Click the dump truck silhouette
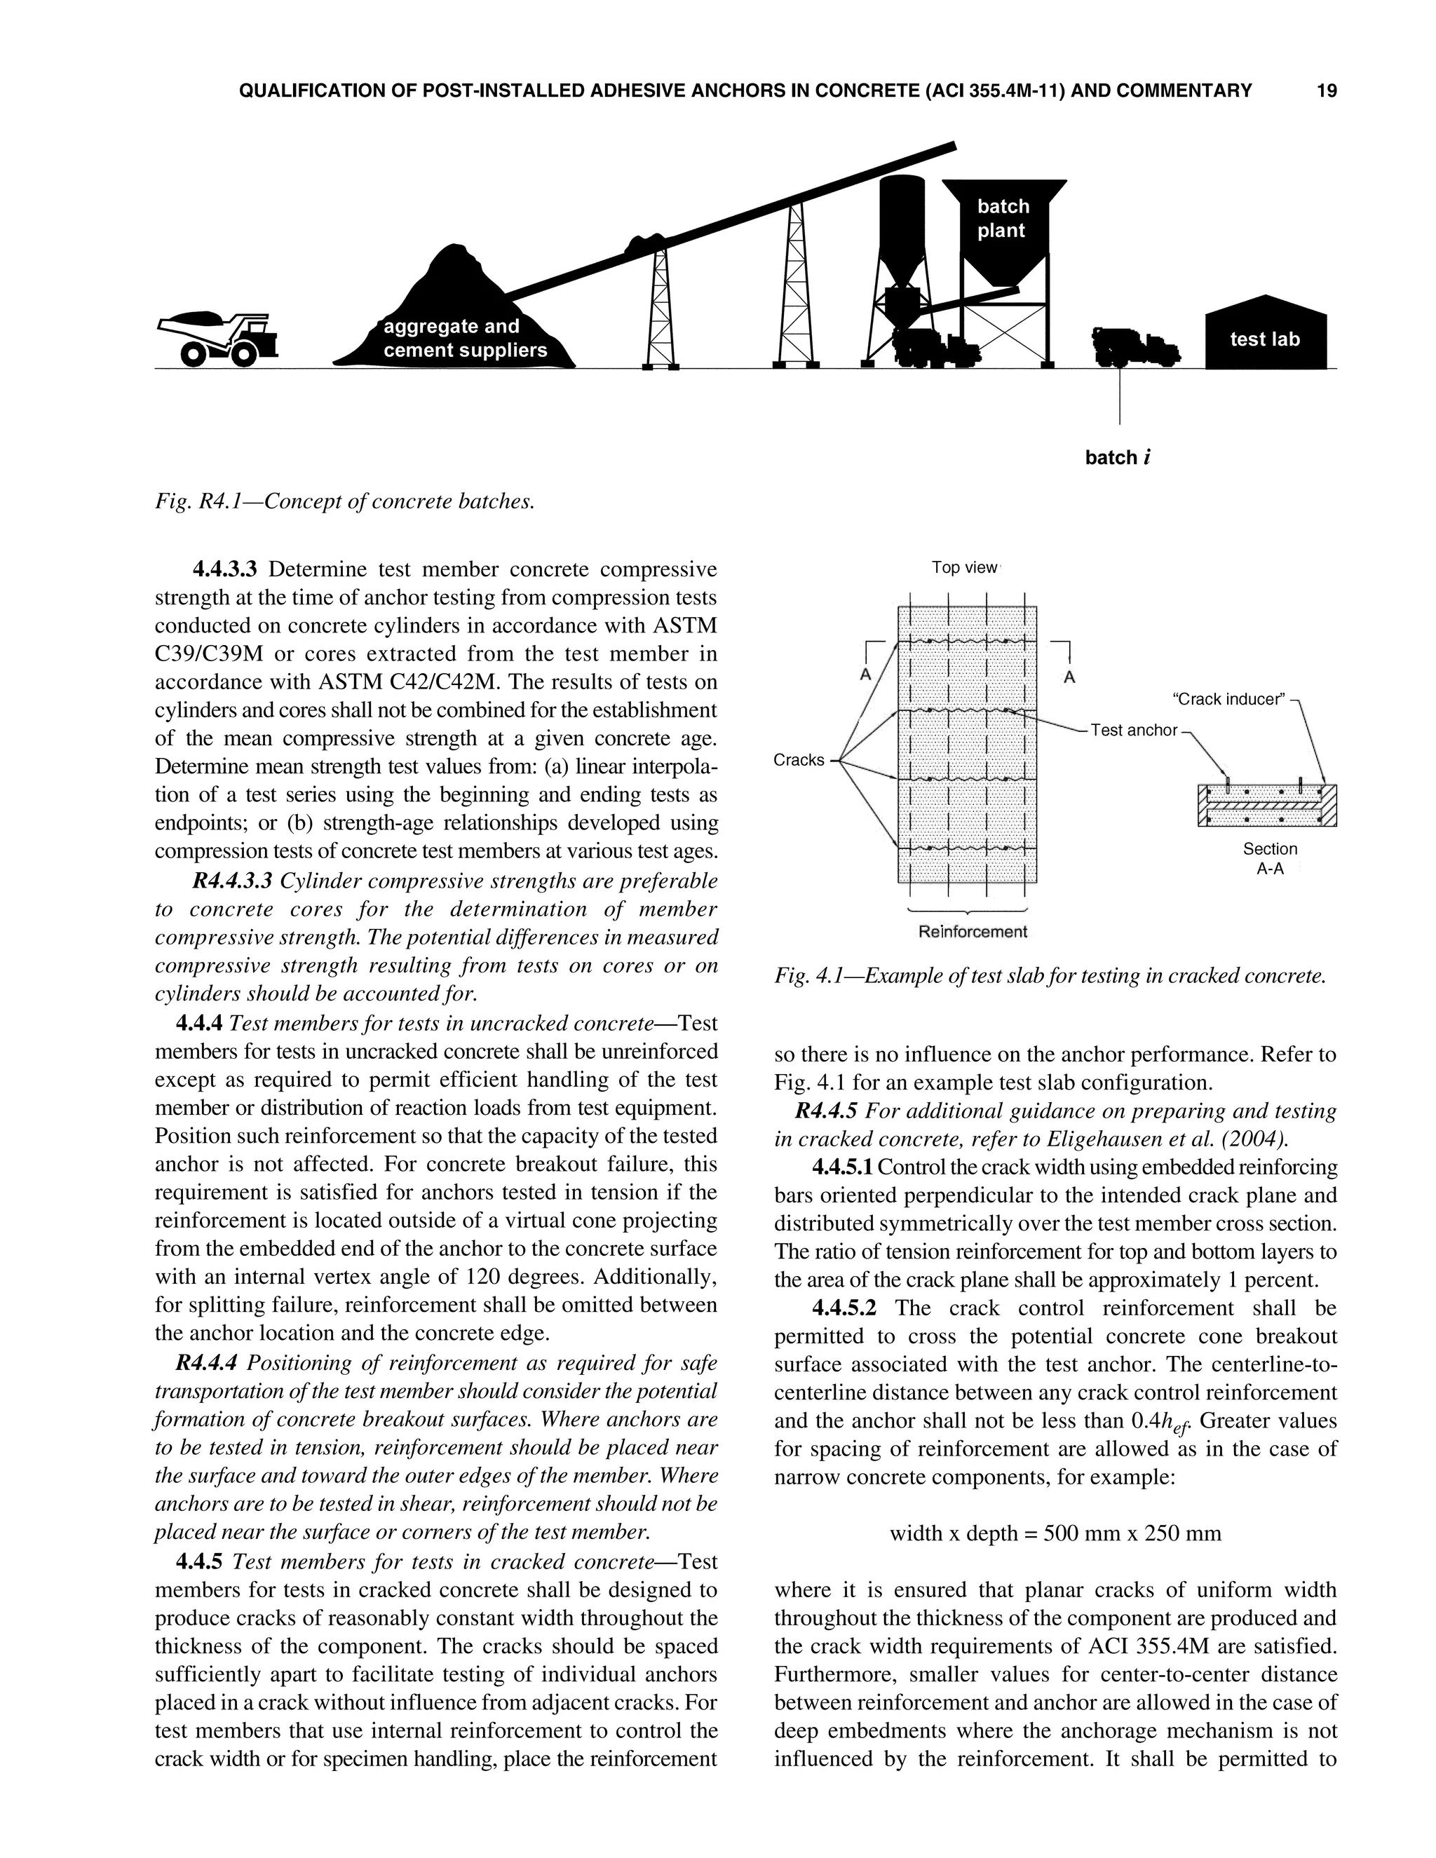[x=219, y=338]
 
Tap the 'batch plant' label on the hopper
[x=1002, y=219]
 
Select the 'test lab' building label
[x=1264, y=339]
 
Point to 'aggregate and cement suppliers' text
[x=464, y=339]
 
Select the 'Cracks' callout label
[x=798, y=760]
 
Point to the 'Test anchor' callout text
[x=1133, y=730]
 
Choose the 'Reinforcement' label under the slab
[x=973, y=932]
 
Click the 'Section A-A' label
[x=1269, y=858]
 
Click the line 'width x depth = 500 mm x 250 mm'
[x=1055, y=1534]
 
